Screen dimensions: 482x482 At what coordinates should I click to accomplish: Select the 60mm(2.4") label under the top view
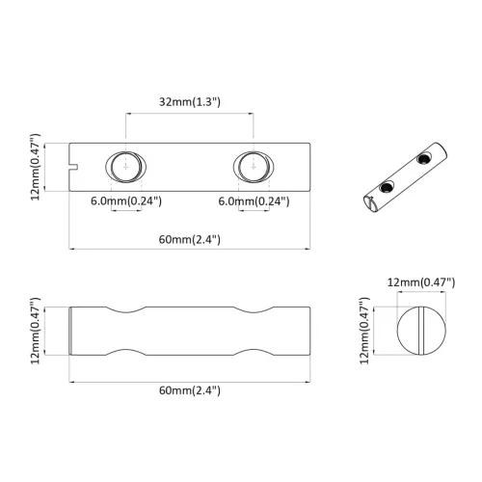(190, 239)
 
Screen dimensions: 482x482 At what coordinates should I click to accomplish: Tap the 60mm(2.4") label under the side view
(190, 389)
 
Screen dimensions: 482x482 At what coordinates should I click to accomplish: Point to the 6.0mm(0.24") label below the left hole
(125, 201)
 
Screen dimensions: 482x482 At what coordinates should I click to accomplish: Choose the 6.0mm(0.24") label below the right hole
(254, 201)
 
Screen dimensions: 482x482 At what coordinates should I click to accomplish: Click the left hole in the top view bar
(125, 165)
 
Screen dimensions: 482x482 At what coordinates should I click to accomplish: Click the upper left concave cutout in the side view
(125, 312)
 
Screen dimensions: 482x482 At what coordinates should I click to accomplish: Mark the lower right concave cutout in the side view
(254, 349)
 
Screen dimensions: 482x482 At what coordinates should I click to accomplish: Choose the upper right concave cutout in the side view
(254, 312)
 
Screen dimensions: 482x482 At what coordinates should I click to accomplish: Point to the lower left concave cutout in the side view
(125, 349)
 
